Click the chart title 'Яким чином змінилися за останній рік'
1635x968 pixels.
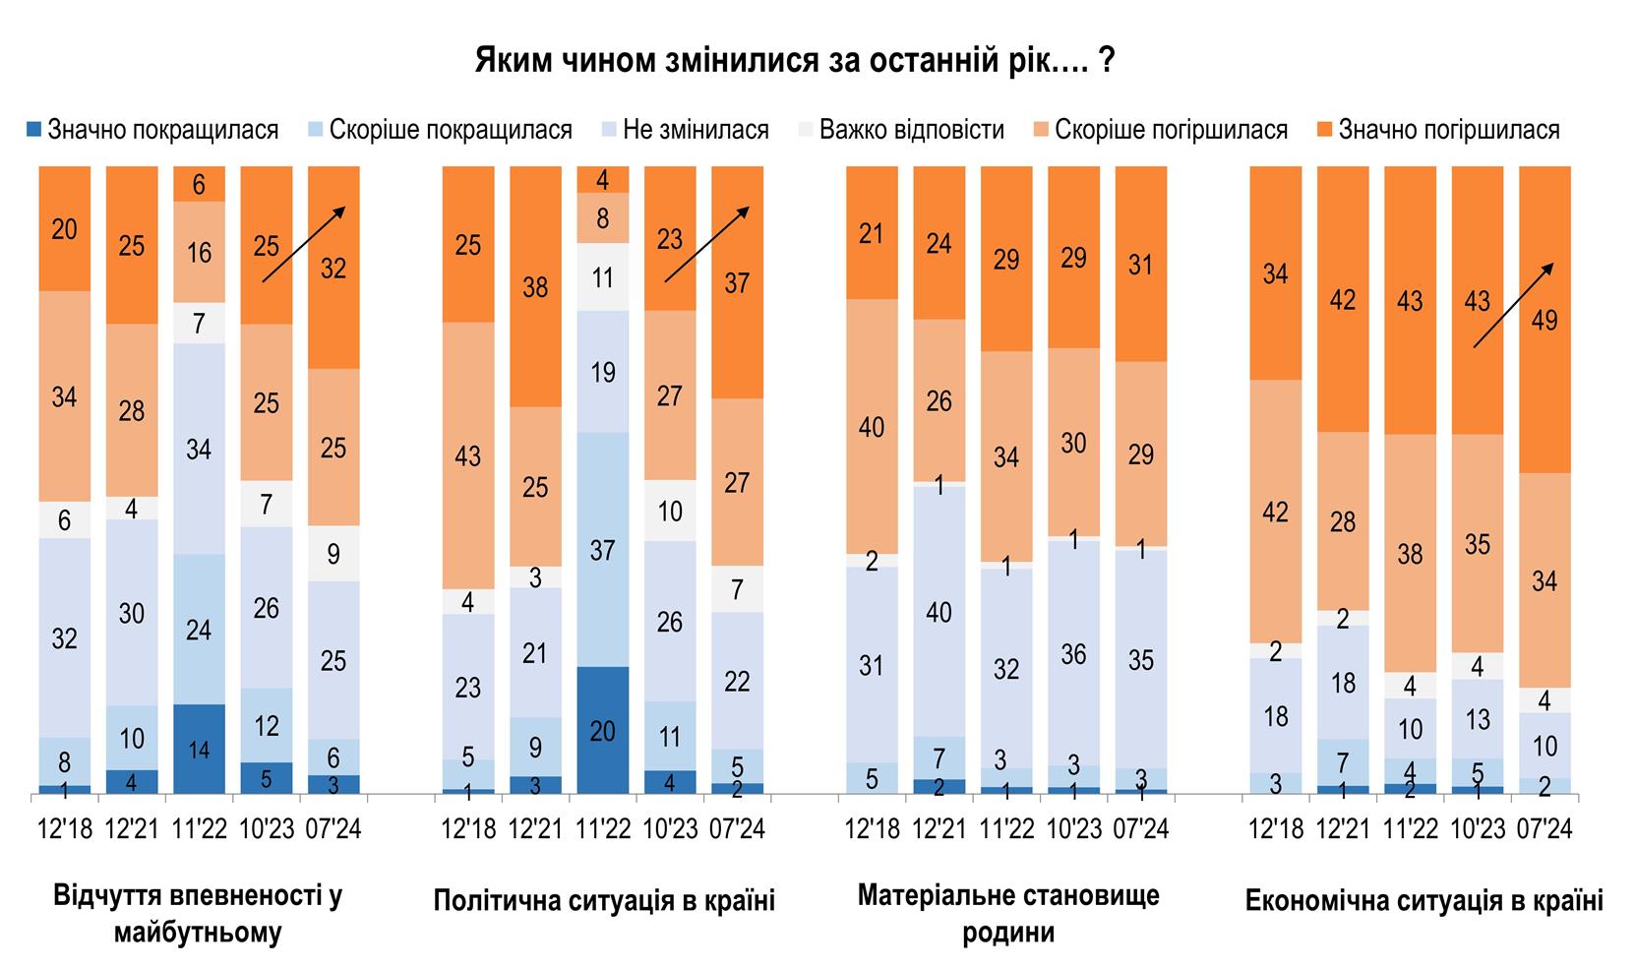pos(795,61)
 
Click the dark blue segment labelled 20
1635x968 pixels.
pos(602,730)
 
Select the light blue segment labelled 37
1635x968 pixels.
pos(602,549)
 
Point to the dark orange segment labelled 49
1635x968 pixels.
pos(1544,320)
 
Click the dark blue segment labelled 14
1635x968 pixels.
pos(199,749)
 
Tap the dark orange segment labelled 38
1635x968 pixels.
pos(535,286)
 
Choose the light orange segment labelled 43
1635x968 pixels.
pos(468,455)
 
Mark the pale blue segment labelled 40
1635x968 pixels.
pos(939,611)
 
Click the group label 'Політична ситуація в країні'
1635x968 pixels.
pos(604,900)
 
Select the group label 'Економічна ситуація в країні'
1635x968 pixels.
pos(1423,900)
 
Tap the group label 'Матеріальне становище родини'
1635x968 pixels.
pos(1008,913)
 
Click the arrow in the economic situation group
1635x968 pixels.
pos(1512,305)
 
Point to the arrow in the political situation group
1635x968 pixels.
pos(706,244)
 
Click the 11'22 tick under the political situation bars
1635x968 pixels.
pos(602,829)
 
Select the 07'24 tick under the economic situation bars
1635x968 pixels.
pos(1544,829)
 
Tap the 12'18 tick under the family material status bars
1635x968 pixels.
pos(873,829)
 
